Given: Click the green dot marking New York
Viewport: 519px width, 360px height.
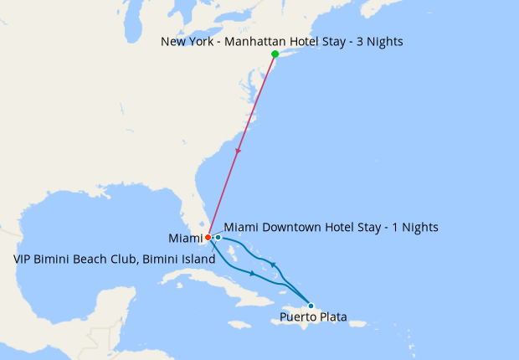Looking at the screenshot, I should [x=275, y=54].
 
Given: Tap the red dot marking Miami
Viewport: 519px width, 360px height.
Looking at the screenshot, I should [x=208, y=238].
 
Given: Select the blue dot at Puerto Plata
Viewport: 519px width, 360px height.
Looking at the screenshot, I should [x=311, y=305].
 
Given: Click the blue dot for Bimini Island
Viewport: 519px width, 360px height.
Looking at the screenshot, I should [x=218, y=237].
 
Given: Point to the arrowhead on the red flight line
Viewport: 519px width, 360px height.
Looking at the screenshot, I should [x=239, y=152].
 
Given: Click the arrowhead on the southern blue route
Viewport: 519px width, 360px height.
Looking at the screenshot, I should [x=252, y=273].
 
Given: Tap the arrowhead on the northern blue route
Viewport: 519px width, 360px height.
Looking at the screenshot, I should [x=274, y=265].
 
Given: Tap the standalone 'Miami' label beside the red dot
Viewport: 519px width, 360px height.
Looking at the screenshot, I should [x=185, y=239].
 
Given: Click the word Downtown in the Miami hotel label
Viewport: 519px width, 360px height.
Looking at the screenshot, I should [x=290, y=227].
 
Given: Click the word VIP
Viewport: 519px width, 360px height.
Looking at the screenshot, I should [x=23, y=260].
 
